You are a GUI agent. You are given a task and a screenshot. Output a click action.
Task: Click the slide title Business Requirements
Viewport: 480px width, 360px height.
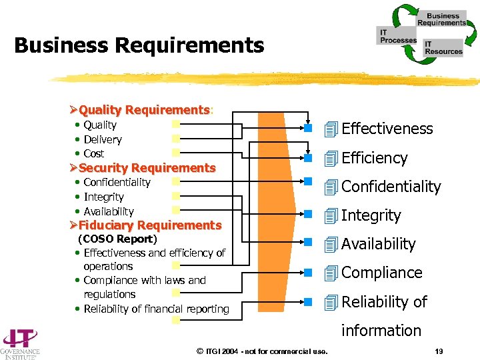[x=139, y=46]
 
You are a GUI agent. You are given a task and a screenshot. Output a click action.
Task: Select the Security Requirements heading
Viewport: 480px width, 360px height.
[x=147, y=168]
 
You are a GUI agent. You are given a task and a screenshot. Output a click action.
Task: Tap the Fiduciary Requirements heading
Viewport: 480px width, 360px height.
[x=149, y=225]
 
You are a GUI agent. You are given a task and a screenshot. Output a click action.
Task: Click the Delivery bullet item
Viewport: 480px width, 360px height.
[x=103, y=139]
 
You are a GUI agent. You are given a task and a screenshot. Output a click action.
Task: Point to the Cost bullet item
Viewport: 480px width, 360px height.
[x=94, y=153]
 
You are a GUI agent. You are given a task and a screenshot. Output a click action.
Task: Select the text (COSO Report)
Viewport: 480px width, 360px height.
[x=117, y=239]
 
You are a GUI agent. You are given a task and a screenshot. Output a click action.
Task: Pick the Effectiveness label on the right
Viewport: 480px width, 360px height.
[x=387, y=129]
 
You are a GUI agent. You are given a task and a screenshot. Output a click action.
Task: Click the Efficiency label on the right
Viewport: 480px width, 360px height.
[x=374, y=158]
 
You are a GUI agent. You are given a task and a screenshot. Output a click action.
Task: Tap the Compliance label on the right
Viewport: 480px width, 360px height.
[x=381, y=273]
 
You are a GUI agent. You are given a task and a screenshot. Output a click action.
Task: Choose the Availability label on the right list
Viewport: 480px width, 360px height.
[x=378, y=244]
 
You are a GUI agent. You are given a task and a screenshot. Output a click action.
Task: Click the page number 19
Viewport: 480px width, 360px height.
[x=439, y=351]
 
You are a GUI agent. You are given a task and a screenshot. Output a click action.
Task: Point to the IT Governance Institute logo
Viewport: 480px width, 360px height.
[x=20, y=343]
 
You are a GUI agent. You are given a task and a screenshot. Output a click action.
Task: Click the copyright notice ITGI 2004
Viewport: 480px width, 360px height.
[x=263, y=351]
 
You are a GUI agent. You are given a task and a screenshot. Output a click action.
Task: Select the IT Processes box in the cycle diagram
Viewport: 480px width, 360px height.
[x=397, y=36]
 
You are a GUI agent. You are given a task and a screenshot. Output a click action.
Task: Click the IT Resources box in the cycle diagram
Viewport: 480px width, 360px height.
[x=443, y=48]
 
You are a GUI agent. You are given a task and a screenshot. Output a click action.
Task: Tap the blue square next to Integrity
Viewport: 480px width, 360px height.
[x=309, y=215]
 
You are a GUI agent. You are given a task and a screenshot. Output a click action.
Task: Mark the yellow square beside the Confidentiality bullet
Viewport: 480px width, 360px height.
[x=175, y=181]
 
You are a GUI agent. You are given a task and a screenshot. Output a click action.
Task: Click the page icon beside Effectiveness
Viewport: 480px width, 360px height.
[x=331, y=129]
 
